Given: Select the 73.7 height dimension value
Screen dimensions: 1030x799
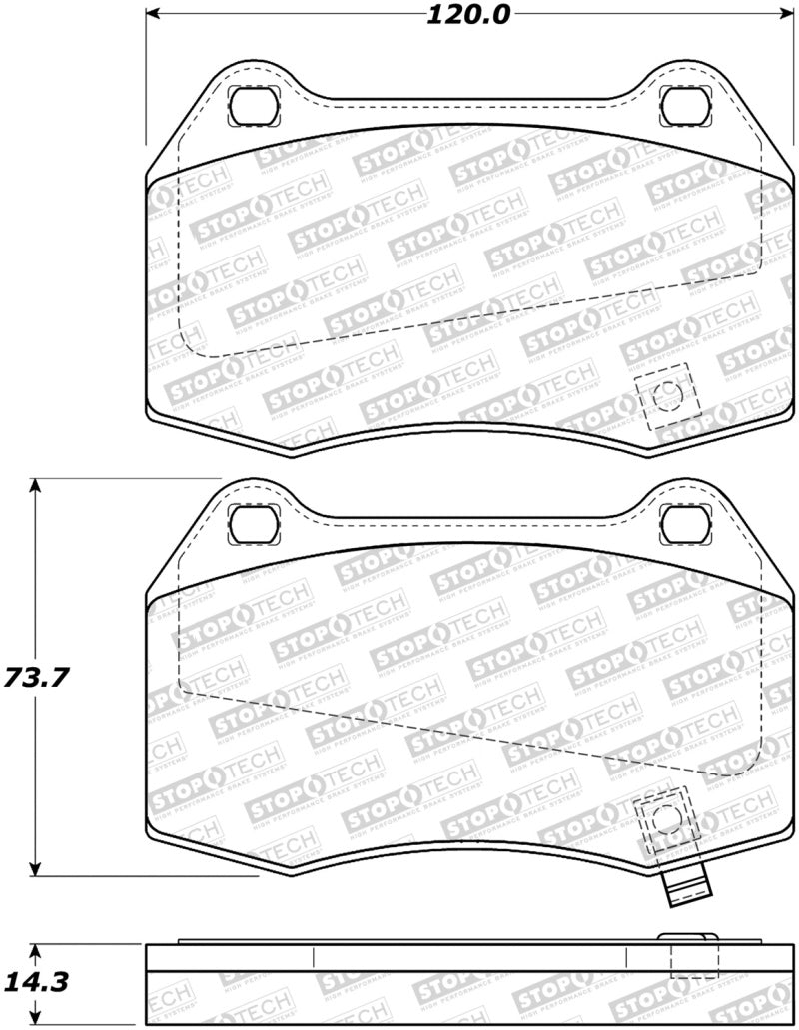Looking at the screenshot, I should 38,677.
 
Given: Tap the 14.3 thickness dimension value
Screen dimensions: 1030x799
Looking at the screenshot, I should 38,983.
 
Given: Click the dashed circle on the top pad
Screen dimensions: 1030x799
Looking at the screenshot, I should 666,397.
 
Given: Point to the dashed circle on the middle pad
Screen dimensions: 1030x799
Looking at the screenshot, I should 664,820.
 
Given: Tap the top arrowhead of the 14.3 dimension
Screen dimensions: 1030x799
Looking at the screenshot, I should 37,949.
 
